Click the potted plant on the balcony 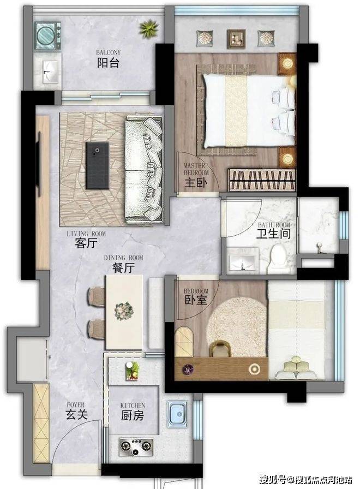click(x=149, y=29)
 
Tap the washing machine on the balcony click(x=47, y=35)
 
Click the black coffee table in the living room click(x=98, y=165)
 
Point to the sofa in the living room click(x=144, y=170)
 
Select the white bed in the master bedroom click(x=249, y=111)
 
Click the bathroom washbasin click(x=243, y=259)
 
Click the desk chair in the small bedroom click(x=220, y=349)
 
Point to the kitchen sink click(x=177, y=414)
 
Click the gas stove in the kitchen click(x=136, y=447)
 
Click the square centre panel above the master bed click(x=236, y=38)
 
